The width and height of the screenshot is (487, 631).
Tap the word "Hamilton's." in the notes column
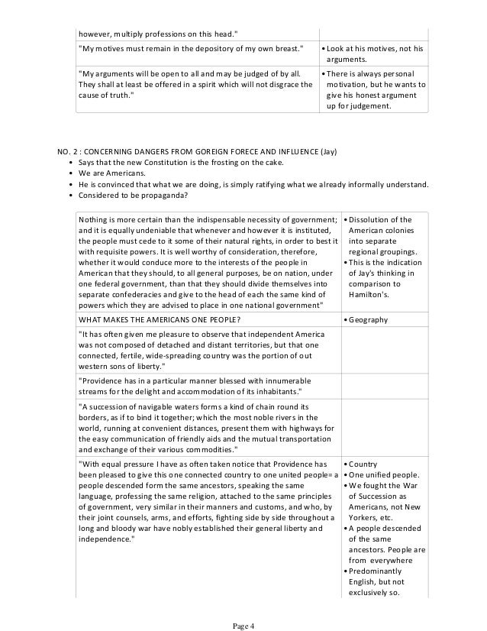[x=369, y=293]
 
